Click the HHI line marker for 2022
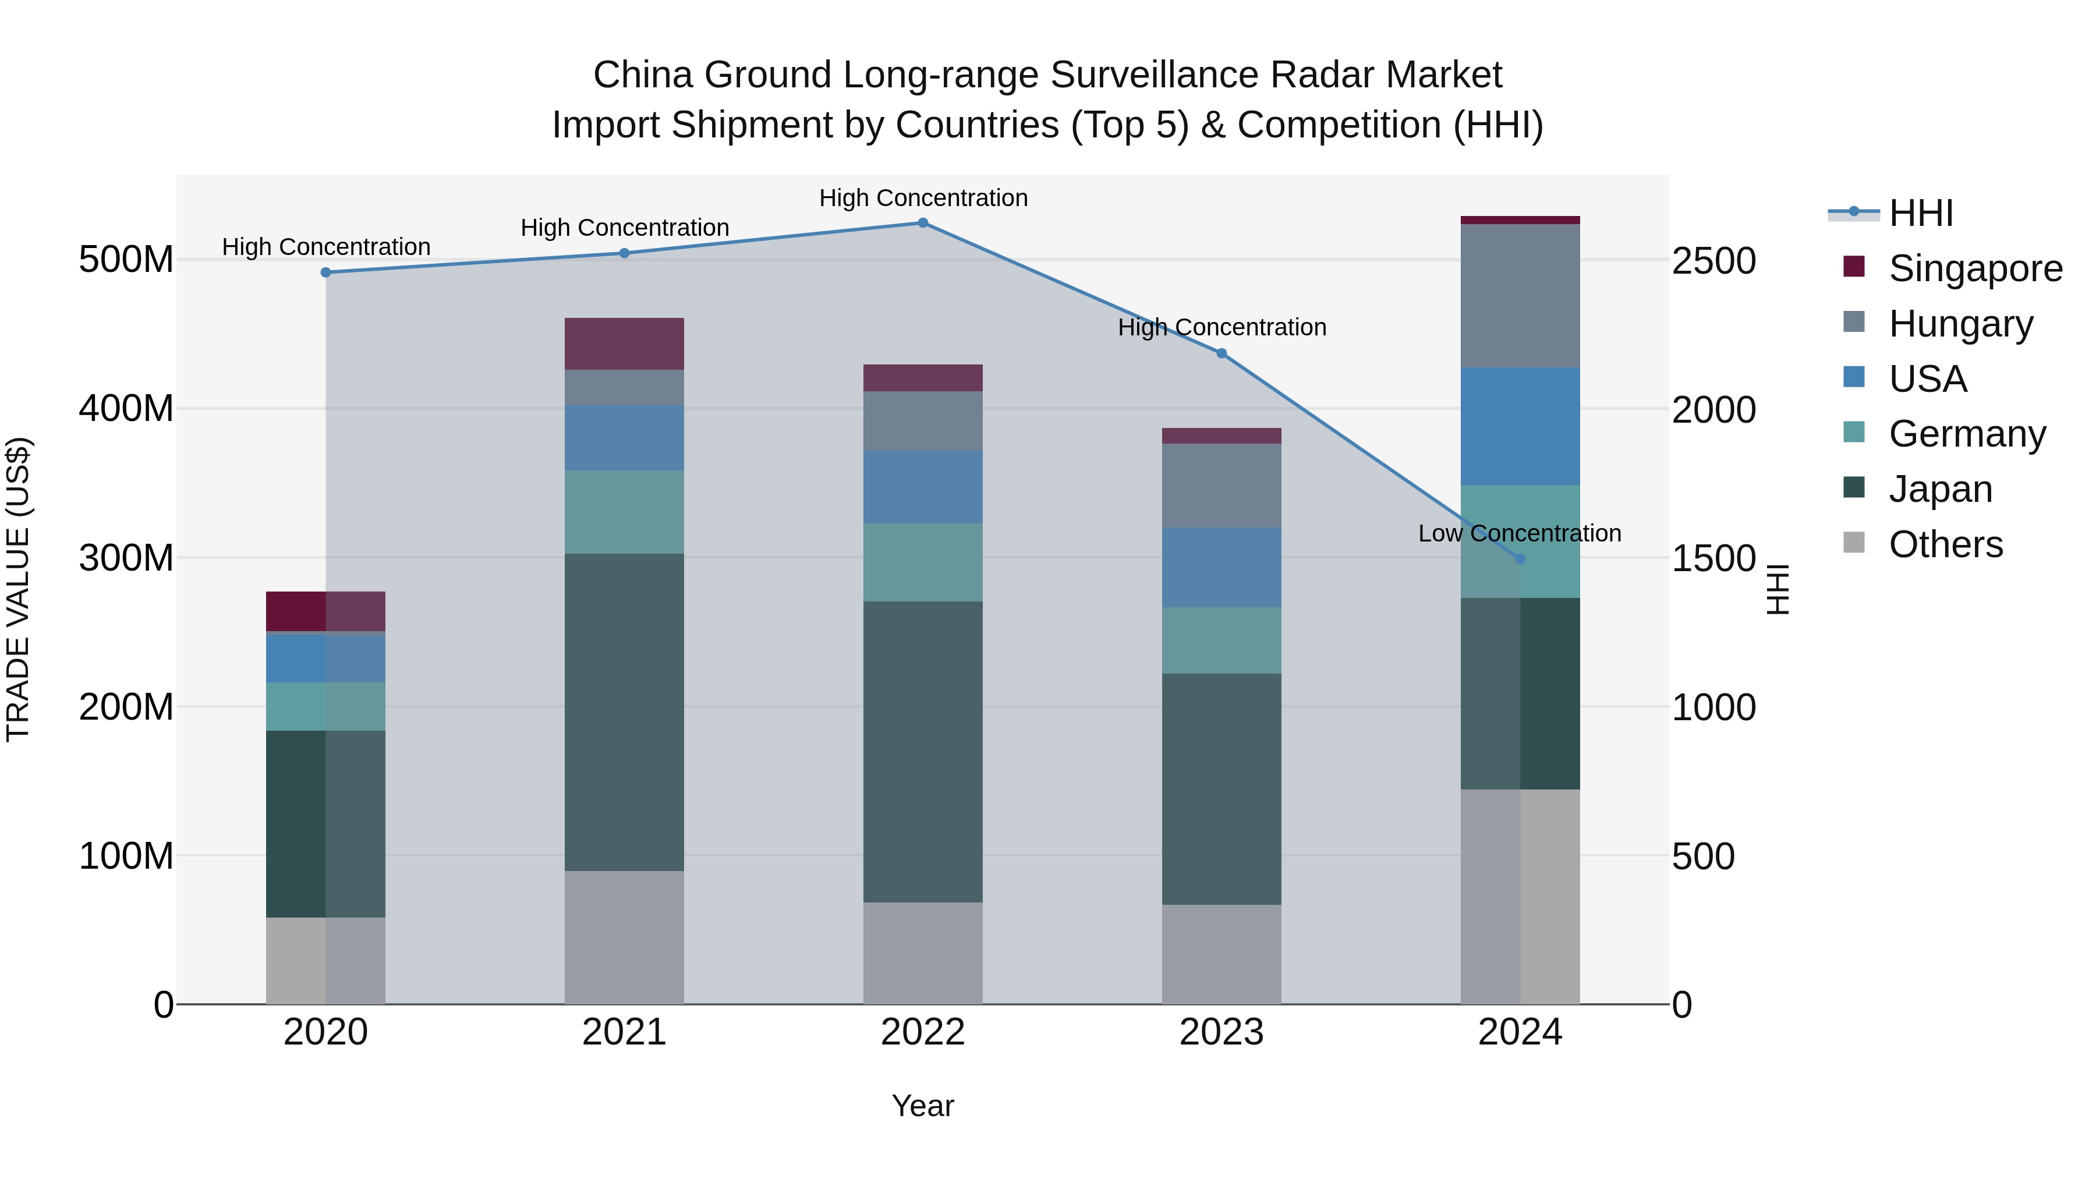(x=923, y=223)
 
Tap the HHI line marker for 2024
(x=1520, y=559)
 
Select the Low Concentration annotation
(x=1519, y=534)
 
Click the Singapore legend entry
(x=1975, y=268)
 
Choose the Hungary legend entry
(x=1960, y=324)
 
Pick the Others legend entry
(x=1945, y=544)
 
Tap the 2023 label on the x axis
(x=1222, y=1032)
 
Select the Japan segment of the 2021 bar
(x=624, y=712)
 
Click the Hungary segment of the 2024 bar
(x=1520, y=295)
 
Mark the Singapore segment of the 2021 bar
(x=624, y=344)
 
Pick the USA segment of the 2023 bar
(x=1222, y=567)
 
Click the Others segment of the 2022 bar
(x=923, y=953)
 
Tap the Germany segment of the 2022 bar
(x=923, y=562)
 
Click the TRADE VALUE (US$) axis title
(x=18, y=589)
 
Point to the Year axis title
(x=923, y=1106)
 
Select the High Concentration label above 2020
(x=326, y=246)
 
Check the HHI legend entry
(x=1920, y=213)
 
